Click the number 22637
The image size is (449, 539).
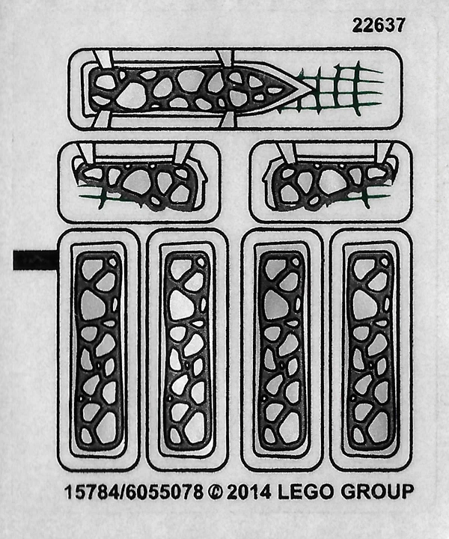pos(379,25)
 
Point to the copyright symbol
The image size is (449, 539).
pos(215,493)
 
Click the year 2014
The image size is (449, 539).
pos(248,493)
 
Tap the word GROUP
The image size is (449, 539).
pos(378,493)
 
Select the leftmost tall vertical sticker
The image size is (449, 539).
pos(98,349)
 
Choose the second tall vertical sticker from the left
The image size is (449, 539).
pos(186,349)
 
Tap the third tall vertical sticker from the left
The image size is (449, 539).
pos(281,349)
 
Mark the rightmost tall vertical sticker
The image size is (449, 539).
pos(370,349)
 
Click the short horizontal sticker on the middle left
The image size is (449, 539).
pos(139,182)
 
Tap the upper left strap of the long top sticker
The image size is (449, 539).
pos(106,60)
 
